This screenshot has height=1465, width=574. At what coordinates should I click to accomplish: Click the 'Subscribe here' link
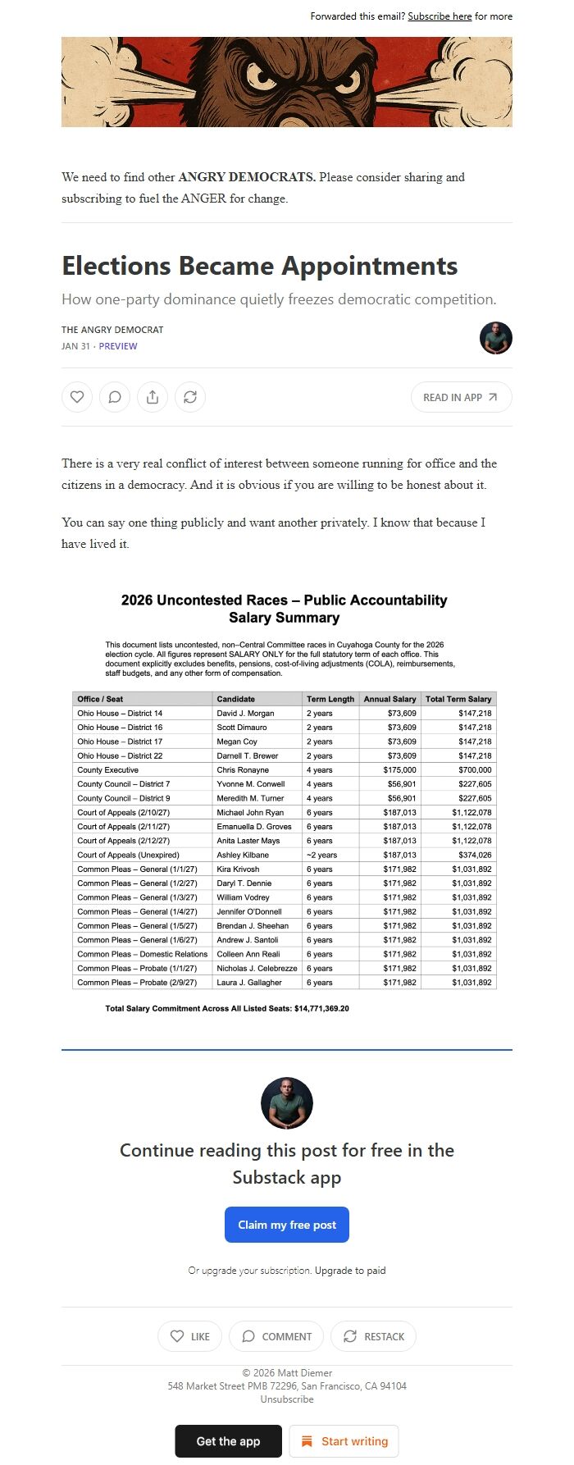pyautogui.click(x=440, y=16)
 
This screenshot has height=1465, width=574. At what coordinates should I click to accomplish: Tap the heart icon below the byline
pyautogui.click(x=77, y=397)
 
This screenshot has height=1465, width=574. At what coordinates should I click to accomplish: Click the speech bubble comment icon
pyautogui.click(x=115, y=397)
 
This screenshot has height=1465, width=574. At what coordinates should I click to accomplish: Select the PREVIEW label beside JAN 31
pyautogui.click(x=118, y=346)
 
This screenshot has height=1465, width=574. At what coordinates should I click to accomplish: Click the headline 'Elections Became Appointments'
pyautogui.click(x=259, y=266)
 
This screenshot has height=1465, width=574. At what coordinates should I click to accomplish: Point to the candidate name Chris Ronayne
pyautogui.click(x=242, y=770)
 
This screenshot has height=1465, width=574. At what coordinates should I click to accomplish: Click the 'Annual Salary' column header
pyautogui.click(x=389, y=699)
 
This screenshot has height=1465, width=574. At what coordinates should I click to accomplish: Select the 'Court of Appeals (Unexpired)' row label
pyautogui.click(x=128, y=855)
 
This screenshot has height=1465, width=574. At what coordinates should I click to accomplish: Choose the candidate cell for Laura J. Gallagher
pyautogui.click(x=249, y=982)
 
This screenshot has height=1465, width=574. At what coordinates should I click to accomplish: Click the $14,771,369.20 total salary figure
pyautogui.click(x=321, y=1008)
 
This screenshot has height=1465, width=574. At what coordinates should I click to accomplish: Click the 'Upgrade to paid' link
pyautogui.click(x=350, y=1271)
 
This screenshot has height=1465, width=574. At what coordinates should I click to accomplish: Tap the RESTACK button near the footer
pyautogui.click(x=373, y=1336)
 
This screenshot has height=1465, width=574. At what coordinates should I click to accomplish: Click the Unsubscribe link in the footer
pyautogui.click(x=287, y=1399)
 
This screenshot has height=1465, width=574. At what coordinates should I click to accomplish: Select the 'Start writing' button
pyautogui.click(x=344, y=1441)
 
